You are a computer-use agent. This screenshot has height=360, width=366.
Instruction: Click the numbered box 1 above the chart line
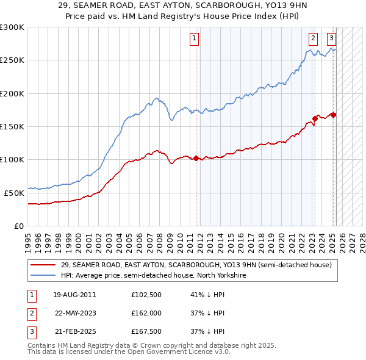[x=194, y=38]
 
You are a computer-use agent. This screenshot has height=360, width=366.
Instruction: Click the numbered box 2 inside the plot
[x=313, y=38]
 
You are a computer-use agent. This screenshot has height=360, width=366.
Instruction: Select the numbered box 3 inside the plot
[x=331, y=38]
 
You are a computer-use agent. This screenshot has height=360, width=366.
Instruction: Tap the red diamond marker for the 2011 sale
[x=196, y=158]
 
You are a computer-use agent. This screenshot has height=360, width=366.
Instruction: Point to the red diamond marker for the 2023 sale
[x=315, y=118]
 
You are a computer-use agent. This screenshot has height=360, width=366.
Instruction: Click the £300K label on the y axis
[x=12, y=27]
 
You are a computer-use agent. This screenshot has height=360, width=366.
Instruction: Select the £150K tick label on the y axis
[x=12, y=126]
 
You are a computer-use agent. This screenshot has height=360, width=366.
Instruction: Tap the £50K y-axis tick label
[x=15, y=192]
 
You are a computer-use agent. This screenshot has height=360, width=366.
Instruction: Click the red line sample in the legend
[x=43, y=265]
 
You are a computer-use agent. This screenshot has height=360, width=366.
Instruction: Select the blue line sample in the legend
[x=43, y=276]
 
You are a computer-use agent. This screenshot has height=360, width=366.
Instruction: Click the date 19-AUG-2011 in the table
[x=74, y=295]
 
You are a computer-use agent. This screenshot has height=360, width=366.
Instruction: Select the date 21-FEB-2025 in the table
[x=74, y=331]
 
